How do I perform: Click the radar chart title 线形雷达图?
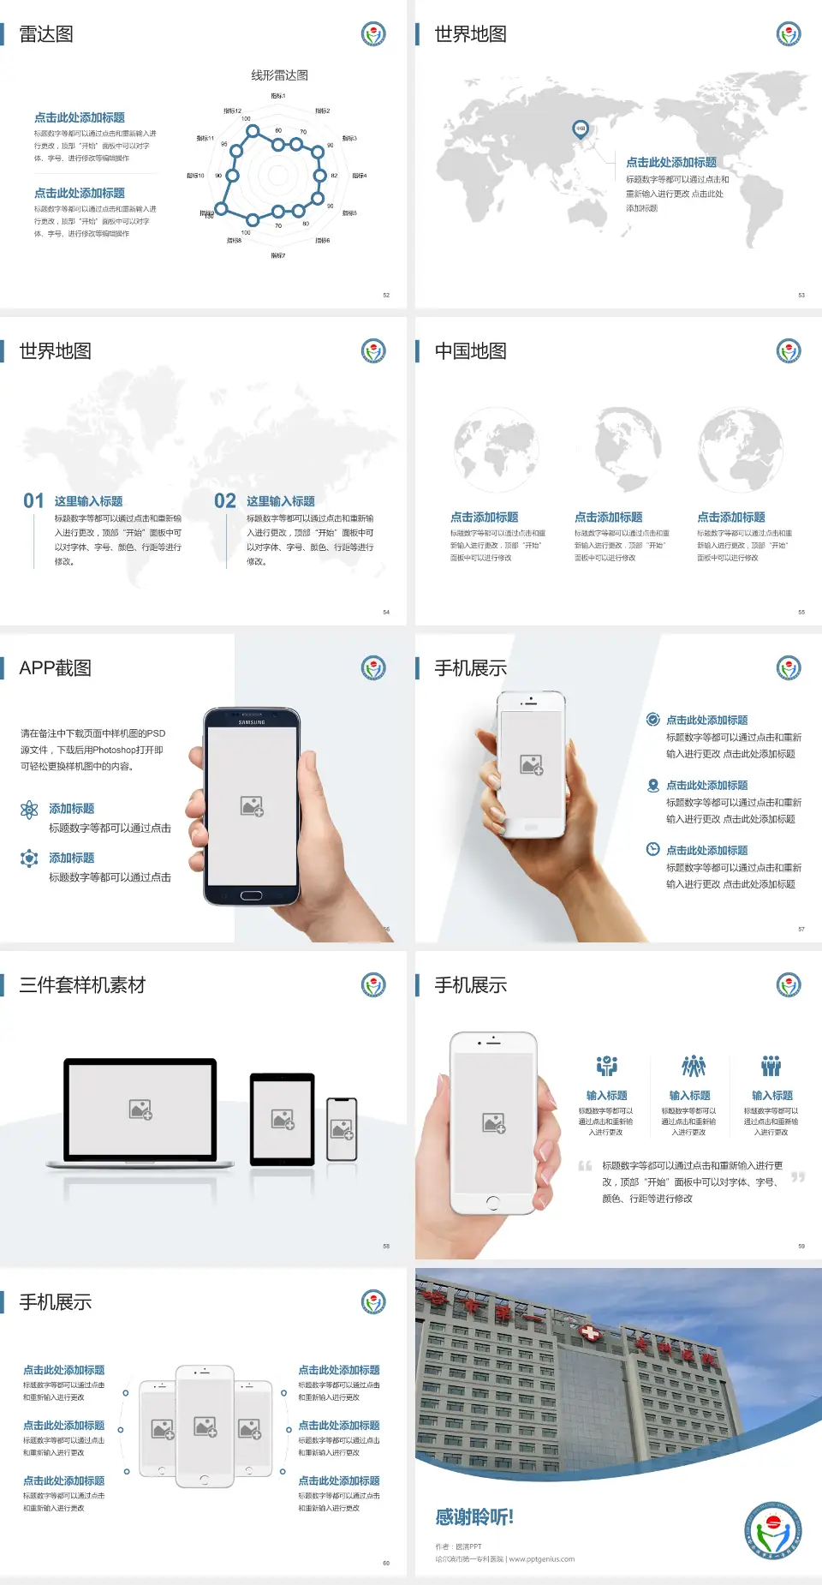tap(279, 75)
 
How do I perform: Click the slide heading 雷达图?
tap(46, 34)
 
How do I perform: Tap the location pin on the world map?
tap(580, 129)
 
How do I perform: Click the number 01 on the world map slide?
tap(33, 501)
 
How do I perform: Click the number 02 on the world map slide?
tap(225, 501)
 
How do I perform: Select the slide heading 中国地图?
tap(470, 351)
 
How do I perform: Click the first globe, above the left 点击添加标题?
tap(496, 450)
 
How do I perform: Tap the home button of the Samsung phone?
tap(251, 895)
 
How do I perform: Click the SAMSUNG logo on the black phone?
tap(252, 722)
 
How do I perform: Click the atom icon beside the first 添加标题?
tap(29, 810)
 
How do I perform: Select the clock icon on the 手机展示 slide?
tap(652, 849)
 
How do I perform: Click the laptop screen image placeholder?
tap(140, 1109)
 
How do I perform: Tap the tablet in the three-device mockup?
tap(283, 1118)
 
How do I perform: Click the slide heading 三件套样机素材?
tap(82, 985)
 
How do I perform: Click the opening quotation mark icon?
tap(585, 1165)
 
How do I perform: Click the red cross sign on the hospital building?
tap(590, 1333)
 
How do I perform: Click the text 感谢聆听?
tap(474, 1517)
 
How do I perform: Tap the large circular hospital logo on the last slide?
tap(773, 1530)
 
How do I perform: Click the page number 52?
tap(386, 295)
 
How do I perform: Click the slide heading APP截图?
tap(55, 668)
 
